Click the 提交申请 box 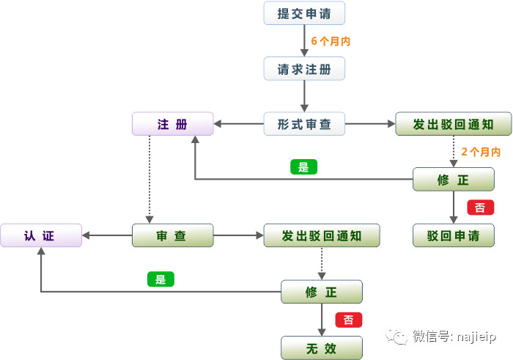pos(304,13)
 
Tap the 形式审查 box pos(304,124)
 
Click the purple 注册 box pos(172,124)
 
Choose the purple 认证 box pos(40,235)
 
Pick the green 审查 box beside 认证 pos(172,235)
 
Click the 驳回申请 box pos(453,235)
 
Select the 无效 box pos(322,348)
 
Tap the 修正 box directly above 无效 pos(322,292)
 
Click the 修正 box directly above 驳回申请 pos(453,180)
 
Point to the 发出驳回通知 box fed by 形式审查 pos(453,124)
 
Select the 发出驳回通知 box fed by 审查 pos(322,235)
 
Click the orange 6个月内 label pos(331,41)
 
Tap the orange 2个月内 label pos(481,152)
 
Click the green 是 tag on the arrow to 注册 pos(304,166)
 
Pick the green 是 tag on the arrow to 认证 pos(160,279)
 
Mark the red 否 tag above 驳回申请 pos(480,207)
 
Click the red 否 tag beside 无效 pos(348,320)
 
